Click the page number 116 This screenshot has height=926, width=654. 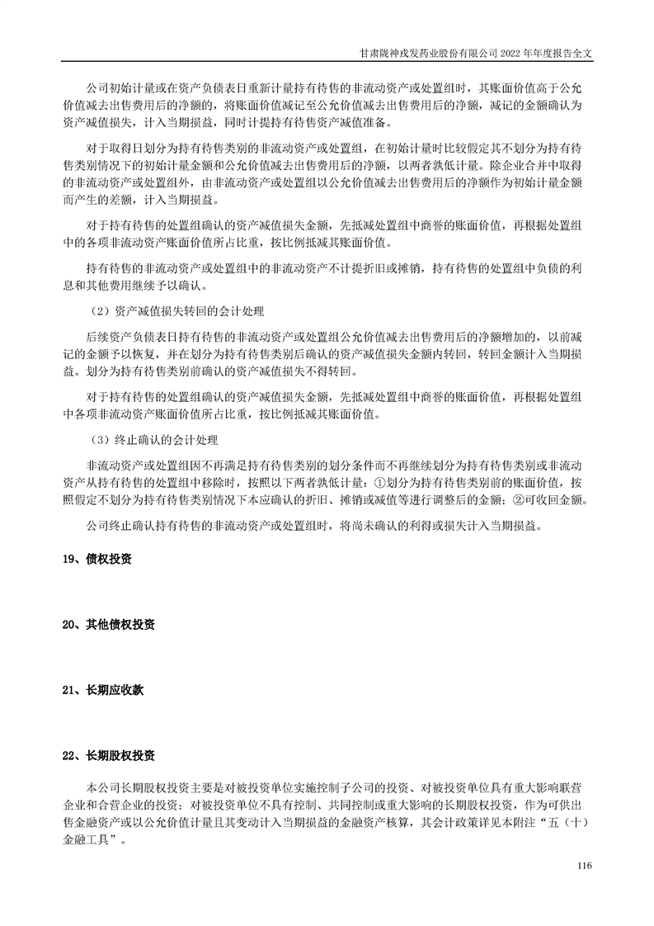586,865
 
